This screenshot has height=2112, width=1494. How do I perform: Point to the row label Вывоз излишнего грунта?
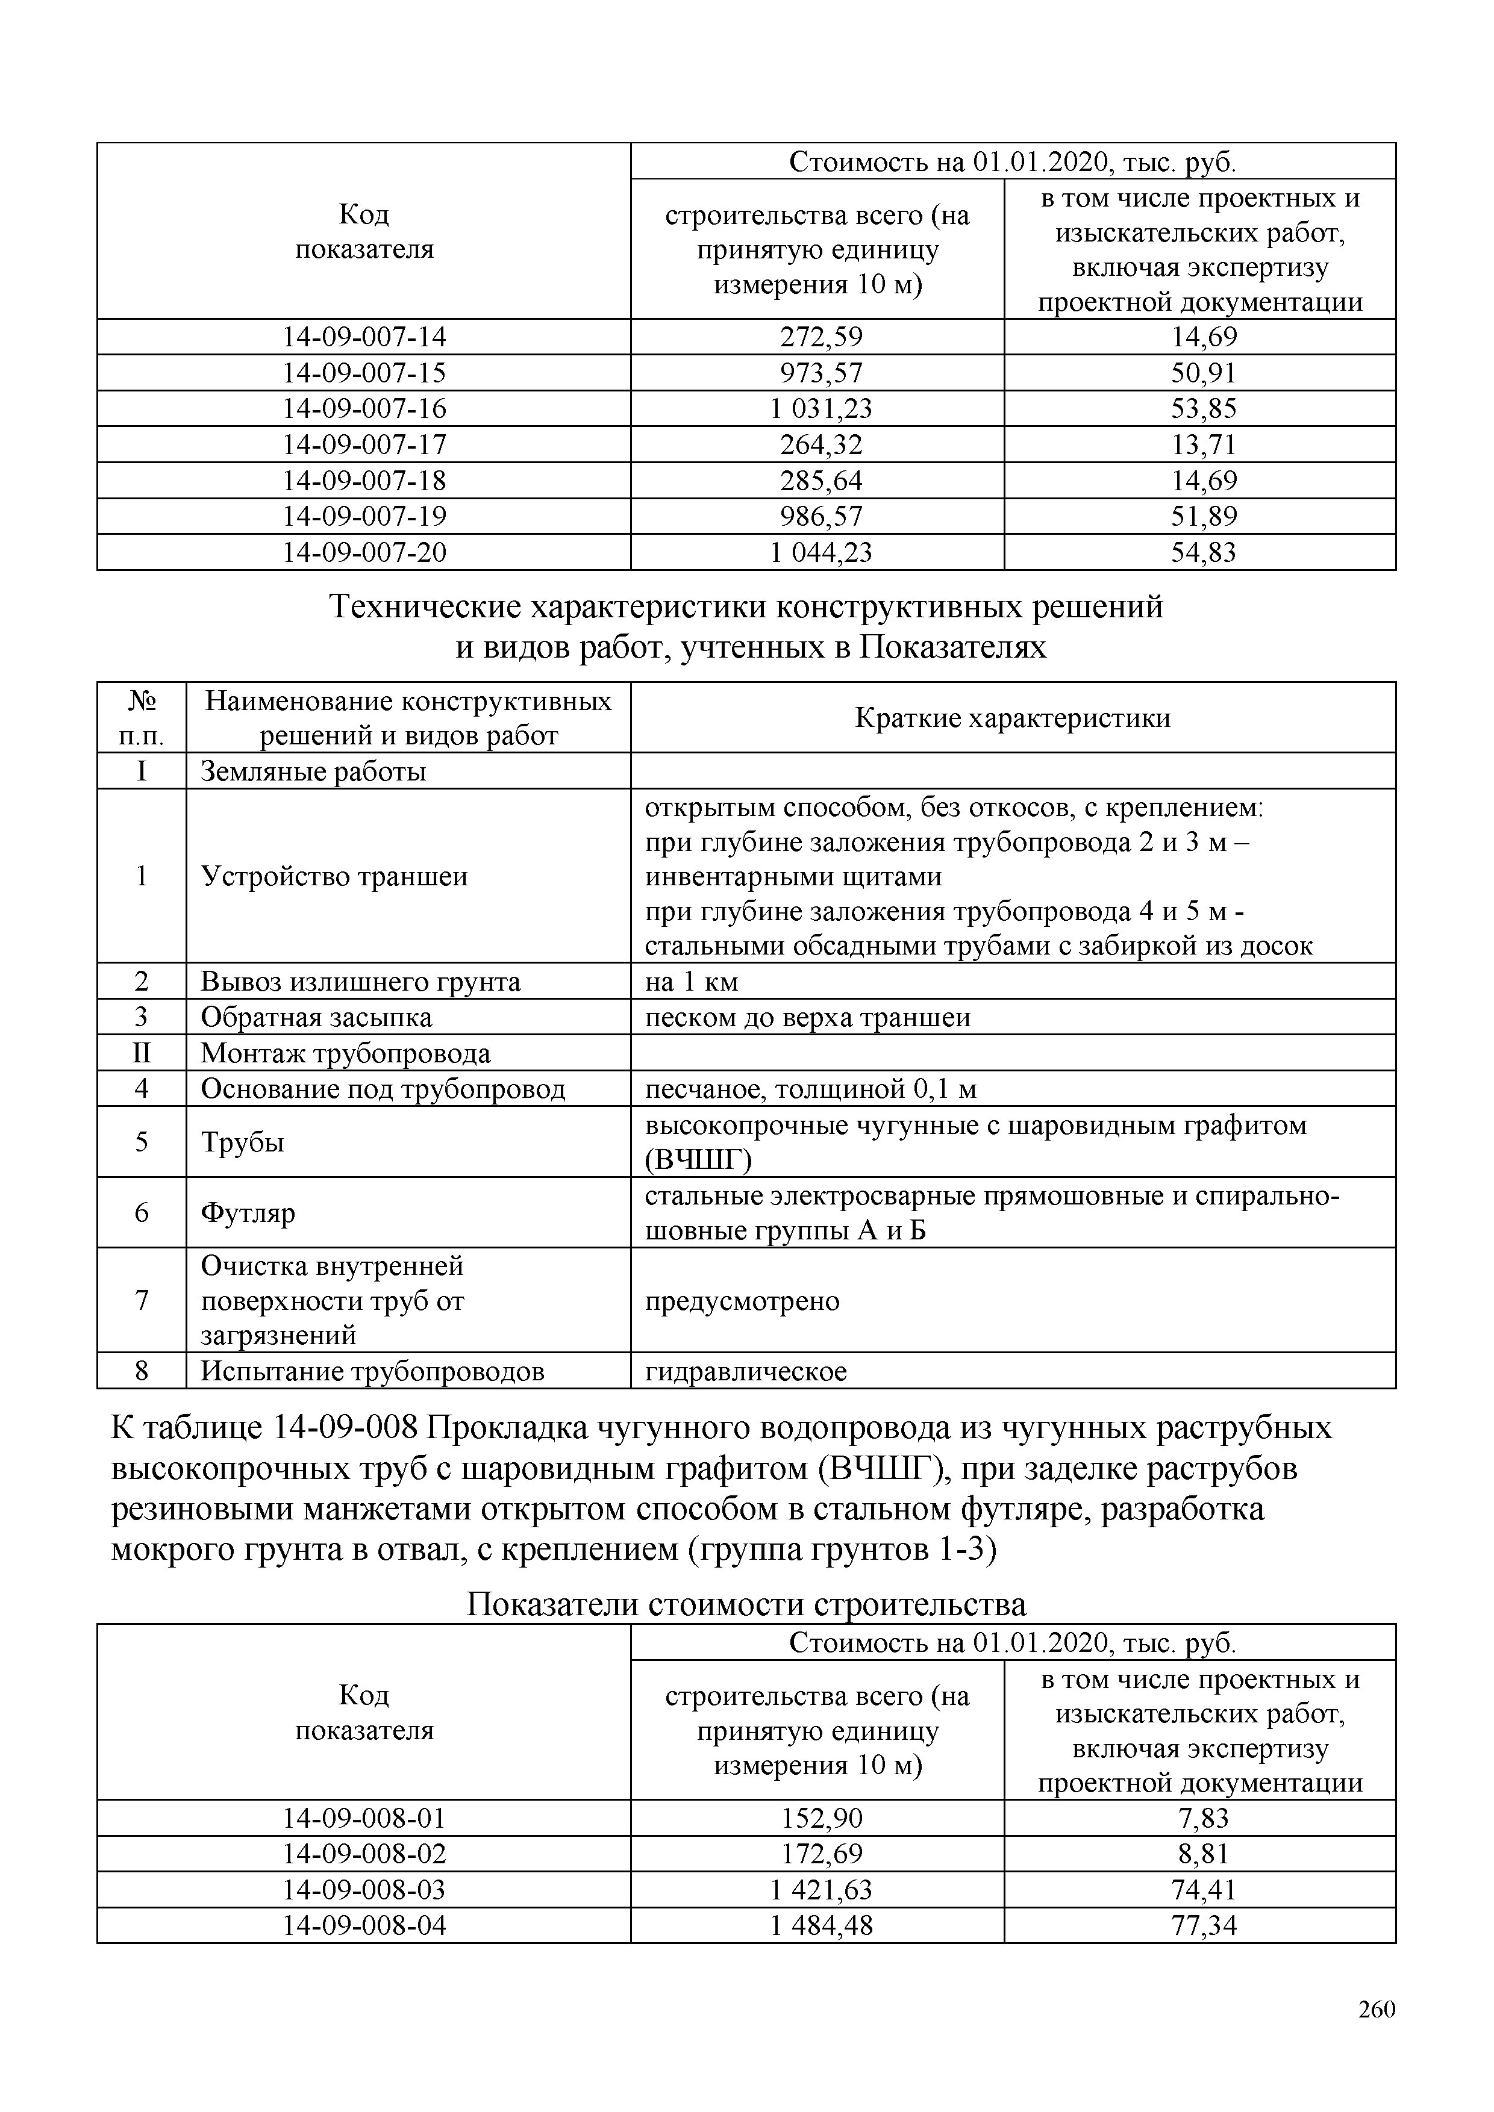[361, 982]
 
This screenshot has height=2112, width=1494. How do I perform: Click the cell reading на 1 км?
[692, 982]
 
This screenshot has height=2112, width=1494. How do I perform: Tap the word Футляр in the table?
[248, 1212]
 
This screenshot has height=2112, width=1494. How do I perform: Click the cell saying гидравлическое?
[745, 1371]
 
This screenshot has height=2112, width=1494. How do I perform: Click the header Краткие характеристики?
[1012, 717]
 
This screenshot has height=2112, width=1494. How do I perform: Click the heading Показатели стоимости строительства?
[746, 1604]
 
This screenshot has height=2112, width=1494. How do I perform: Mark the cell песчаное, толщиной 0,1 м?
[810, 1089]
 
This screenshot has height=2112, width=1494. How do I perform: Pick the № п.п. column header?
[141, 717]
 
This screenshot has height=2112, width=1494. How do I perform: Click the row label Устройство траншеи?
[334, 876]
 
